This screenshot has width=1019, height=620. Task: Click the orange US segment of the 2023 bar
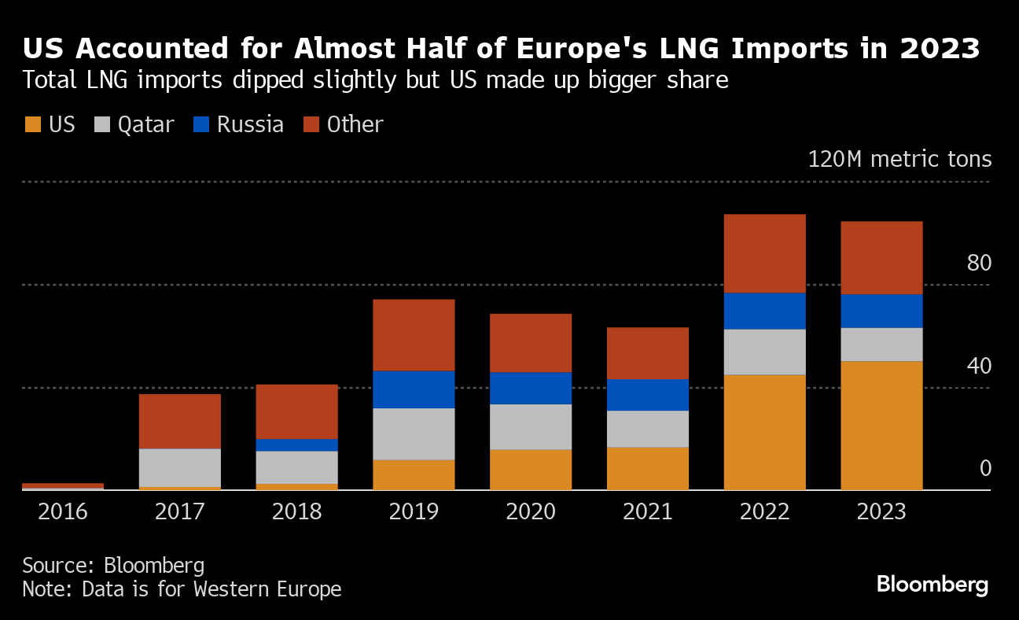pos(881,425)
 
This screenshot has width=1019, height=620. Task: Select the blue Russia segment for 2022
pos(764,311)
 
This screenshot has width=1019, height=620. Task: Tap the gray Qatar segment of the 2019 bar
pos(414,434)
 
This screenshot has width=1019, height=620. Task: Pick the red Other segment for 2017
pos(179,421)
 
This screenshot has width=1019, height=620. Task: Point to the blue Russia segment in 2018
pos(296,445)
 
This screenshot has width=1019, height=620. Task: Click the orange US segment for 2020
pos(531,469)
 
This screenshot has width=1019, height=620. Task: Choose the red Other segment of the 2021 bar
pos(647,352)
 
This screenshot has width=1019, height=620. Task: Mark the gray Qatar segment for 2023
pos(881,344)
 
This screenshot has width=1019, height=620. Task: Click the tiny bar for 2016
pos(63,486)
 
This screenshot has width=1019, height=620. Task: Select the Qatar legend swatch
pos(102,124)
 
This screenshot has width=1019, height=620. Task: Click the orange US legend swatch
pos(33,124)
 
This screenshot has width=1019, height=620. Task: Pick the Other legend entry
pos(344,124)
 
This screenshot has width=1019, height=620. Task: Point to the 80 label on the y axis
pos(979,263)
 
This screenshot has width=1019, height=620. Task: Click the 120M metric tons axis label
pos(899,159)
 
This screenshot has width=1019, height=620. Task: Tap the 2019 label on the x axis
pos(414,511)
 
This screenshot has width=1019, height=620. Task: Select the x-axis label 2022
pos(764,511)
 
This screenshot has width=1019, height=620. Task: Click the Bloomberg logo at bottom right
pos(932,585)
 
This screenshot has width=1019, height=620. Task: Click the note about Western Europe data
pos(182,589)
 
